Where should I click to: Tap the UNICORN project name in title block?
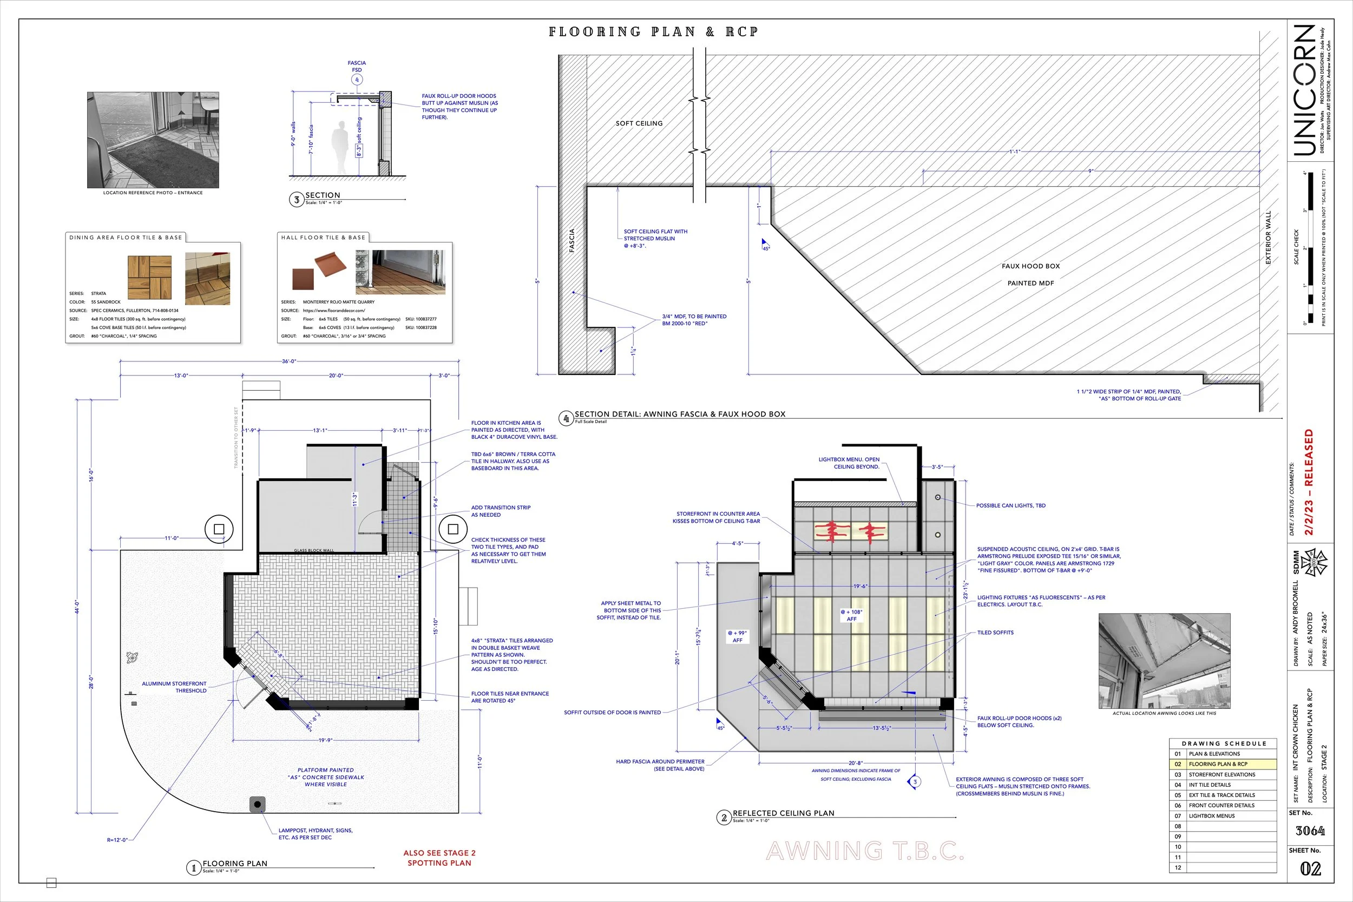pos(1305,90)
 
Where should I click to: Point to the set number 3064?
pos(1310,831)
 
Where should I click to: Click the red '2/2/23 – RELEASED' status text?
pos(1309,482)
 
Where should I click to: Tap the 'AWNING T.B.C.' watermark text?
pos(865,851)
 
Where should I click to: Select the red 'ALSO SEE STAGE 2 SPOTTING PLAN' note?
pos(439,858)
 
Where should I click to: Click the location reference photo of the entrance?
pos(153,140)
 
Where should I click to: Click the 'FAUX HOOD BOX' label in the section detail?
pos(1030,266)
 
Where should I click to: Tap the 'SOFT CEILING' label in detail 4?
pos(639,124)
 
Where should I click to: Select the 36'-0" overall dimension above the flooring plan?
pos(289,361)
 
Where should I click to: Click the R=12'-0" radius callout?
pos(117,840)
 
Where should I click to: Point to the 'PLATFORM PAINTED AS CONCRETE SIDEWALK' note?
pos(326,777)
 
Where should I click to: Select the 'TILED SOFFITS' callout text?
pos(995,633)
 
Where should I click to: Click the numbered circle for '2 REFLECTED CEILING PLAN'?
pos(724,818)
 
